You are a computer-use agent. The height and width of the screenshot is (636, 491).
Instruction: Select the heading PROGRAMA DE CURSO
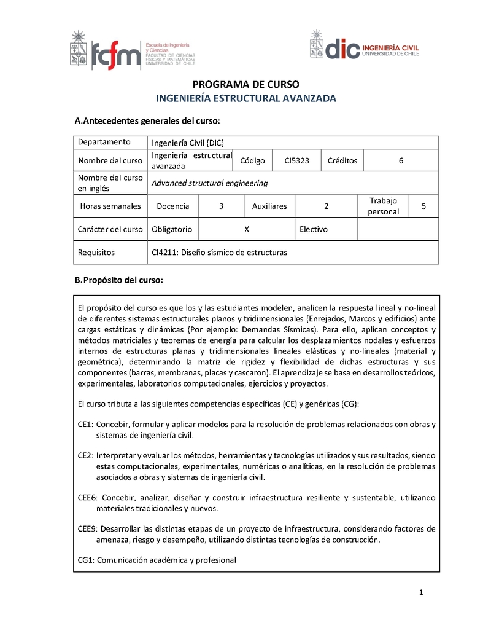(245, 85)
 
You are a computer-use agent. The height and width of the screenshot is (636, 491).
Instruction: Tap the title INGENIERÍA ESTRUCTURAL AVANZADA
(245, 98)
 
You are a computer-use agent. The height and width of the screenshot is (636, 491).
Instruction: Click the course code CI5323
(296, 161)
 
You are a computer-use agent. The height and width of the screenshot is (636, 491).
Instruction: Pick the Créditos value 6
(401, 161)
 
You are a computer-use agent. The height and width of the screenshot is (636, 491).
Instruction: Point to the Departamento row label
(104, 142)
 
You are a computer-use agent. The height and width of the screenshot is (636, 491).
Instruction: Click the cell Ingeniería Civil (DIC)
(188, 143)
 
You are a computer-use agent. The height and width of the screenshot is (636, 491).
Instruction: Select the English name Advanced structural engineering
(209, 183)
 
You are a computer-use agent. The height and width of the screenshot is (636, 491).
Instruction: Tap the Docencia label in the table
(173, 206)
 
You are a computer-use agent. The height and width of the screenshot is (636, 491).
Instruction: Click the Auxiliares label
(269, 206)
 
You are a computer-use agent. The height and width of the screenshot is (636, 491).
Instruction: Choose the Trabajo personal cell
(383, 206)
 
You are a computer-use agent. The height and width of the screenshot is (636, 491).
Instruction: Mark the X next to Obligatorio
(246, 229)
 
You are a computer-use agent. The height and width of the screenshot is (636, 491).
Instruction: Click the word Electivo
(313, 229)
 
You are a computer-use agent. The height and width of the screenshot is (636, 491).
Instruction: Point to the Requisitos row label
(96, 253)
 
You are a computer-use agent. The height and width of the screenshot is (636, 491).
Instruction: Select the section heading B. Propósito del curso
(118, 280)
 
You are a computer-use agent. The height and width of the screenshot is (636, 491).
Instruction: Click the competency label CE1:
(85, 425)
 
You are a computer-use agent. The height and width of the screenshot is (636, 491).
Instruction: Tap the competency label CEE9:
(87, 528)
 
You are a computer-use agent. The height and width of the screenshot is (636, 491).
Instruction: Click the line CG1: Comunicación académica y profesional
(157, 560)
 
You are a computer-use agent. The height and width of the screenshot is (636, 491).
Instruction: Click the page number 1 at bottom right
(421, 593)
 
